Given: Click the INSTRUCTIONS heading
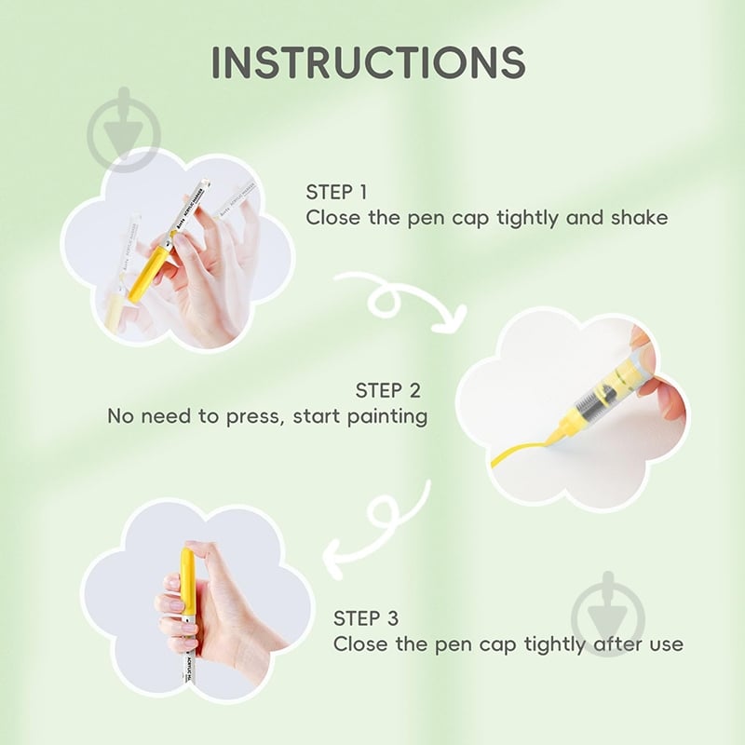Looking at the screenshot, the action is [x=369, y=62].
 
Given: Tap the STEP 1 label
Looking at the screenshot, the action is [x=336, y=192].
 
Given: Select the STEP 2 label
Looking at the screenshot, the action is [x=388, y=390].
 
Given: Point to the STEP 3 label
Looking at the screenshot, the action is [x=366, y=618].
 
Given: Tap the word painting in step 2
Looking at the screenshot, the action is [x=387, y=416].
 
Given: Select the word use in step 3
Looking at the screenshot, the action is [x=666, y=644].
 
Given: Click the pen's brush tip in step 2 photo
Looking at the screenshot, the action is [x=555, y=435].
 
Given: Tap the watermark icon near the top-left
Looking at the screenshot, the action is [x=124, y=129].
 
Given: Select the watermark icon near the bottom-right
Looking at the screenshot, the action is [x=608, y=613].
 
